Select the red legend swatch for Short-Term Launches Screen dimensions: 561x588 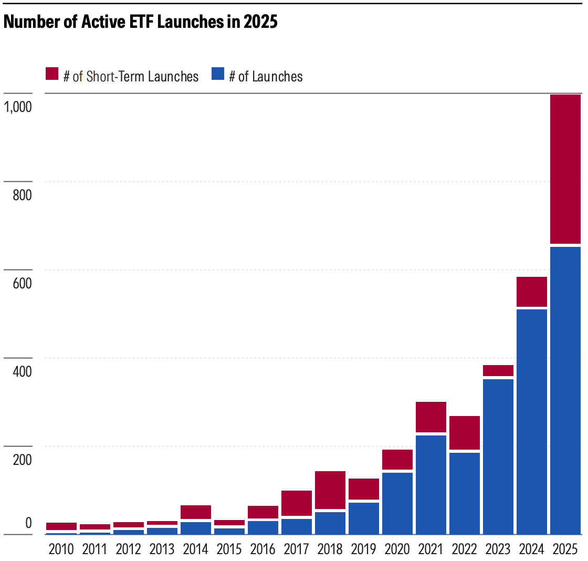coord(52,74)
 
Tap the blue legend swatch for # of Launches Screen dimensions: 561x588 coord(218,74)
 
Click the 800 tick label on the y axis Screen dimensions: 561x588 coord(23,195)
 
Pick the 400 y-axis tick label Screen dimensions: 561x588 coord(23,371)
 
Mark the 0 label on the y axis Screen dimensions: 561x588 coord(28,523)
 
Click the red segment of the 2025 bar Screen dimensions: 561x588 coord(565,169)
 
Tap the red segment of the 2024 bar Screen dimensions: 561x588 coord(532,291)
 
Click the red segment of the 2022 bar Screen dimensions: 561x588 coord(465,432)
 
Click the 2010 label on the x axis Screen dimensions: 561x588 coord(61,549)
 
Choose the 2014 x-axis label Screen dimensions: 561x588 coord(196,549)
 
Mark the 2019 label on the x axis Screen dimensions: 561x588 coord(364,549)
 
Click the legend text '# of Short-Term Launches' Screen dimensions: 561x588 coord(131,76)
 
